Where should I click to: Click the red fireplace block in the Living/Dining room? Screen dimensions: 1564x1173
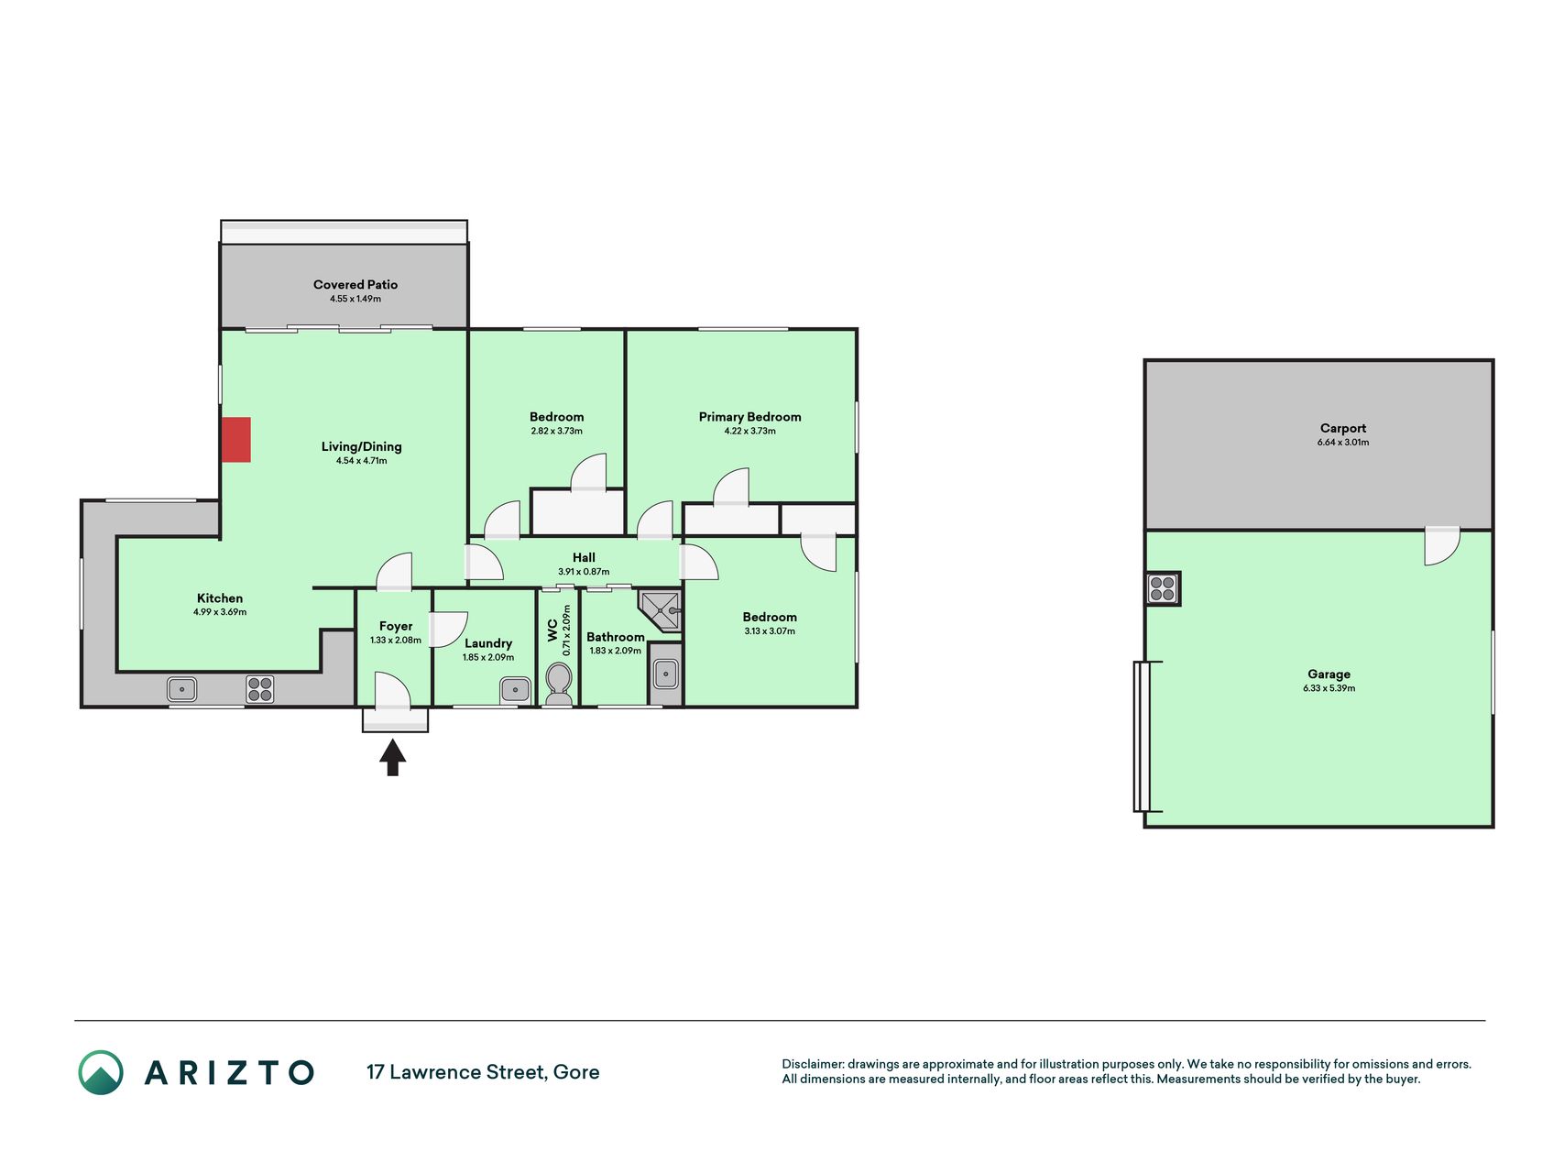coord(236,440)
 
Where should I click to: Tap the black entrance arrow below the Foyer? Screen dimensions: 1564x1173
coord(393,757)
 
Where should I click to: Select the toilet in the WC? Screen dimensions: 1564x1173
coord(558,685)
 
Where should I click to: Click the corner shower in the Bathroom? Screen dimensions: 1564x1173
coord(661,610)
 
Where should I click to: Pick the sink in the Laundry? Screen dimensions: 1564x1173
coord(515,689)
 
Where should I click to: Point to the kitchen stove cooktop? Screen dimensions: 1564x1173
coord(260,689)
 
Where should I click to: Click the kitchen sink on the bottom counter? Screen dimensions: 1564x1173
coord(182,689)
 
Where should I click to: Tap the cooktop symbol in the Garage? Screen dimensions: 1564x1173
coord(1163,588)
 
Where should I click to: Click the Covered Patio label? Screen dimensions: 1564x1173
coord(355,285)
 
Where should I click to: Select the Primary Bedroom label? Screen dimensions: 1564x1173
coord(749,417)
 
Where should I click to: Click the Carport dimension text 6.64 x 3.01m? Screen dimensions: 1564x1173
coord(1343,443)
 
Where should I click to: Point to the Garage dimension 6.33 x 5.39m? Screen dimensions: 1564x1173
coord(1329,688)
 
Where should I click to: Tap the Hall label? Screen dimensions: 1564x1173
coord(584,557)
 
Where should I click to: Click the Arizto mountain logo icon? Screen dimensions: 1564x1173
coord(101,1072)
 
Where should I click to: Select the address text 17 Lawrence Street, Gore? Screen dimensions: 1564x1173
coord(483,1072)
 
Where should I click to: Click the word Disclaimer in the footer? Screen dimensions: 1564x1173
coord(812,1064)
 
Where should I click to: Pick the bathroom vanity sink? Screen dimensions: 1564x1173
coord(666,674)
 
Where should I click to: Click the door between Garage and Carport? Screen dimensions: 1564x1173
coord(1442,546)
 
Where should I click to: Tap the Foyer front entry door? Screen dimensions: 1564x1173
coord(393,691)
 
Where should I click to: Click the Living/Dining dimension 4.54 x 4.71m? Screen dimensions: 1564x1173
coord(361,461)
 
